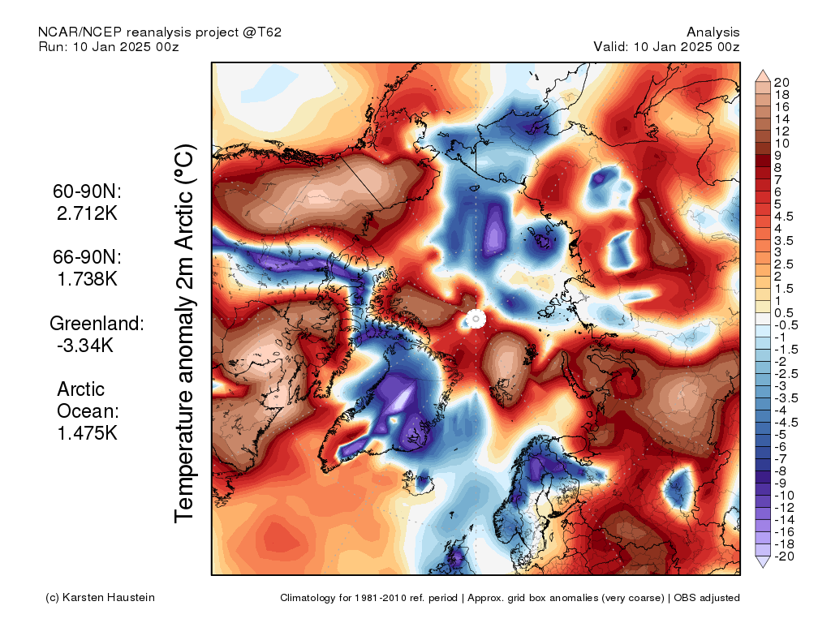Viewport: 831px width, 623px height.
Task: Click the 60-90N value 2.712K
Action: pyautogui.click(x=87, y=213)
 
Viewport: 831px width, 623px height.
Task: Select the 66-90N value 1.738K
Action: pyautogui.click(x=87, y=279)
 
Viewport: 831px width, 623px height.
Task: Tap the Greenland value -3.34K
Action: pyautogui.click(x=84, y=345)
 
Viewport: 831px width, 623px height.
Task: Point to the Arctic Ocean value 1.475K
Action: pyautogui.click(x=87, y=433)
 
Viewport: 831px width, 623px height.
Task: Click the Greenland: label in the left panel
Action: pyautogui.click(x=97, y=323)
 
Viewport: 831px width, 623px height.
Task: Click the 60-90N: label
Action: pyautogui.click(x=87, y=191)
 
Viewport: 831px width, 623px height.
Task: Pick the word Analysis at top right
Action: pyautogui.click(x=713, y=32)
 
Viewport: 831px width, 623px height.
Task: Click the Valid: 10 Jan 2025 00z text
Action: pyautogui.click(x=666, y=46)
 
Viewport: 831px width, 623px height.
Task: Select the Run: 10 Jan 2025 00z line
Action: pyautogui.click(x=109, y=46)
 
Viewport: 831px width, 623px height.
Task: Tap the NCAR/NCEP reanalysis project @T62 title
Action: pyautogui.click(x=160, y=32)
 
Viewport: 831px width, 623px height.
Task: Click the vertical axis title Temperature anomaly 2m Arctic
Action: pyautogui.click(x=184, y=333)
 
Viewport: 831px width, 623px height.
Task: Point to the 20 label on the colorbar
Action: pyautogui.click(x=781, y=83)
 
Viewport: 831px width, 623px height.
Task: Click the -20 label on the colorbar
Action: pyautogui.click(x=784, y=556)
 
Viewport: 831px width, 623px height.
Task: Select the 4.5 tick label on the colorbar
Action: pyautogui.click(x=783, y=217)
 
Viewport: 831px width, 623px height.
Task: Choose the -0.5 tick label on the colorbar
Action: pyautogui.click(x=786, y=325)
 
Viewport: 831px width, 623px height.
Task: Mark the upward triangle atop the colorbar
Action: pyautogui.click(x=763, y=76)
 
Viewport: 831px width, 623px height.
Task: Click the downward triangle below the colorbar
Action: pyautogui.click(x=763, y=562)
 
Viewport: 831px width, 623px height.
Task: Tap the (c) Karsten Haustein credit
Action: pyautogui.click(x=100, y=598)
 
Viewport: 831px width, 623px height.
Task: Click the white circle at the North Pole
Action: pyautogui.click(x=476, y=319)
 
